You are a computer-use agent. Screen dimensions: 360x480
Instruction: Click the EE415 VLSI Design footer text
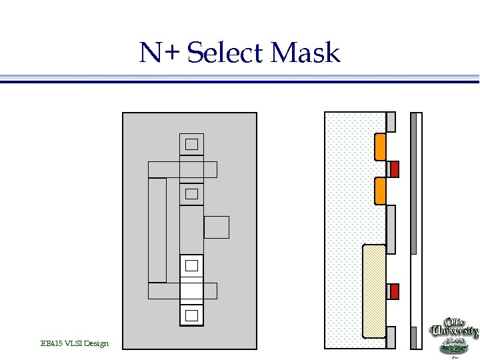click(74, 343)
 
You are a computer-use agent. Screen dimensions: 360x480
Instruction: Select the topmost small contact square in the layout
click(192, 144)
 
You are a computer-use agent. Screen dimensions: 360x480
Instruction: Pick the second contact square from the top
click(192, 194)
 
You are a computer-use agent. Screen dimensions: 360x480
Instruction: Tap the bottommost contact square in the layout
click(192, 315)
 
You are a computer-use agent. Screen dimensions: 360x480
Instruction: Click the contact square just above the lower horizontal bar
click(192, 265)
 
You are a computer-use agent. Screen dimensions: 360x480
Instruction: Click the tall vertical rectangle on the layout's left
click(157, 230)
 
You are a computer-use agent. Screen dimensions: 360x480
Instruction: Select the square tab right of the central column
click(217, 227)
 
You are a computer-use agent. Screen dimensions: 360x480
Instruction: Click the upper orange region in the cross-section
click(381, 147)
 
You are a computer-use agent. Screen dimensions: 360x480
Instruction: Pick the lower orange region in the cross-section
click(381, 191)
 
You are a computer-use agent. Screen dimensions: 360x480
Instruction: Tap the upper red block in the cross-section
click(395, 169)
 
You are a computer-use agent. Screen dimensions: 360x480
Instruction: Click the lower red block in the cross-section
click(395, 291)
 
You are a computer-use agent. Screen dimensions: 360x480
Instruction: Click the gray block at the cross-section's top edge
click(391, 121)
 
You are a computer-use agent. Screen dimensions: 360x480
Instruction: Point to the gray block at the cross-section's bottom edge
click(391, 337)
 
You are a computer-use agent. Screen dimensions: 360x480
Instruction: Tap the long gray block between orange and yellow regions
click(391, 229)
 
